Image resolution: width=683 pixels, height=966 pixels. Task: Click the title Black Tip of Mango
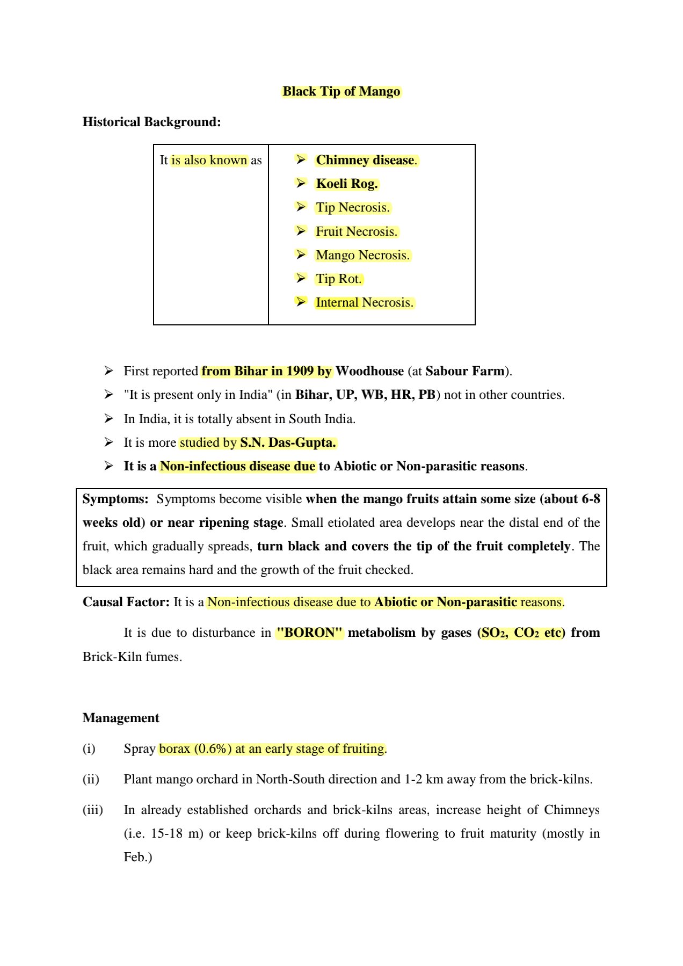(x=341, y=91)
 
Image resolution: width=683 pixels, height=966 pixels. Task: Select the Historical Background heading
(x=151, y=122)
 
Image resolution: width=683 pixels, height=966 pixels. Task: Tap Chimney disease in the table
(x=365, y=160)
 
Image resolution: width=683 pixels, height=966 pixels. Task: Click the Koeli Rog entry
(x=347, y=184)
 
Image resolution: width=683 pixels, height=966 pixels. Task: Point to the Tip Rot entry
(x=338, y=279)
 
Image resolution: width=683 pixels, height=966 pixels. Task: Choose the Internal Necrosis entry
(x=364, y=302)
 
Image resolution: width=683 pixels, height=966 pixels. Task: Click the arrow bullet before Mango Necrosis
(x=301, y=255)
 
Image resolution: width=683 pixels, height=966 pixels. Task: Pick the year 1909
(x=300, y=371)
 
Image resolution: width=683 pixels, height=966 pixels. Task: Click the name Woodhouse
(x=369, y=371)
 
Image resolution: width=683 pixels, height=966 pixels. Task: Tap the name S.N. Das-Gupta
(x=288, y=442)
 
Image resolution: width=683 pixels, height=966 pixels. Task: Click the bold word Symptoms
(x=115, y=499)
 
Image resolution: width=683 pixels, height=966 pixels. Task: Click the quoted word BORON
(x=309, y=633)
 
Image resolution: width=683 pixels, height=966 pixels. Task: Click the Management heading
(x=121, y=718)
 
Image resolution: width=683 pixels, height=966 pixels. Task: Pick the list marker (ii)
(x=91, y=779)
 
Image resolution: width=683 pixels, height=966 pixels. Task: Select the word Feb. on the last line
(x=137, y=857)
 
